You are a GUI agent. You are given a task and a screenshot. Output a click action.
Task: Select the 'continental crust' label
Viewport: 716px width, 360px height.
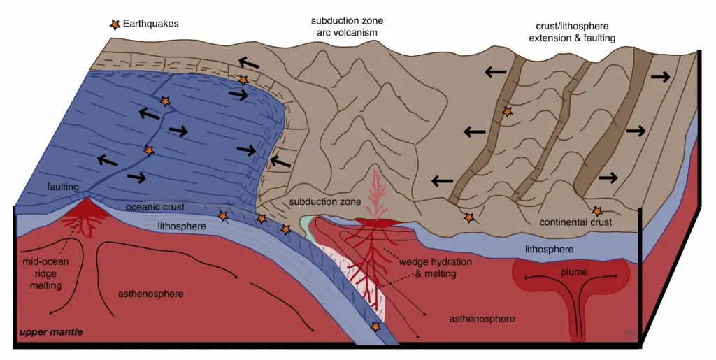click(575, 222)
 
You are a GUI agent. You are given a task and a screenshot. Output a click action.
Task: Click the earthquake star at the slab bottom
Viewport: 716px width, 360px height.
click(377, 327)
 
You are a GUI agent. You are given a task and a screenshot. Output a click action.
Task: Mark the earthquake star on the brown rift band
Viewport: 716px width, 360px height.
click(508, 111)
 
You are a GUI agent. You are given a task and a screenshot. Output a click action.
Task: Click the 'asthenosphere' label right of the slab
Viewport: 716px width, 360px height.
click(482, 319)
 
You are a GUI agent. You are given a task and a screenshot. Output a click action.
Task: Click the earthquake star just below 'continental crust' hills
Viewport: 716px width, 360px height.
click(597, 210)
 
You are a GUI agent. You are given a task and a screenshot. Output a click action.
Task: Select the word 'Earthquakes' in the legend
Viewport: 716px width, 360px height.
click(151, 23)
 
